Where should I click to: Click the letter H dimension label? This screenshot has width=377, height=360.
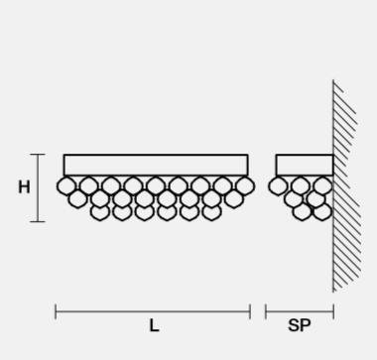(24, 187)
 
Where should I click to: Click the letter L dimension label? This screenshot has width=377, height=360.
(154, 325)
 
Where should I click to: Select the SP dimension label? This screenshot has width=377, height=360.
(300, 325)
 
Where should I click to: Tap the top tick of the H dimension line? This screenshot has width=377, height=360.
(38, 155)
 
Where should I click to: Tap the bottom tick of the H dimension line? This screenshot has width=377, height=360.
(38, 221)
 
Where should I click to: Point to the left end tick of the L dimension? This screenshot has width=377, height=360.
(56, 311)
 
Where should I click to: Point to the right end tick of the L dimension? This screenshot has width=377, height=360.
(250, 311)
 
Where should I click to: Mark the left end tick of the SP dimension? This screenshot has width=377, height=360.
(266, 311)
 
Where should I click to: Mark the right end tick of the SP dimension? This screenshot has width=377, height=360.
(333, 311)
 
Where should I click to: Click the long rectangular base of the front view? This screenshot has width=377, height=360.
(156, 165)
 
